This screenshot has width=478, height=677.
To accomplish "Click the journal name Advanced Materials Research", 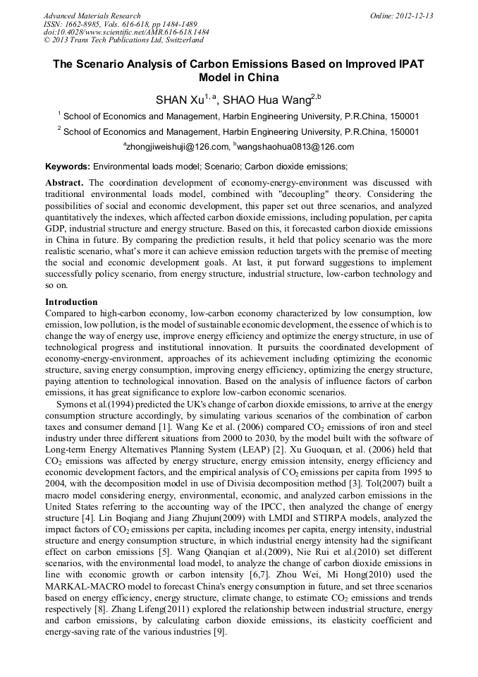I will pyautogui.click(x=92, y=16).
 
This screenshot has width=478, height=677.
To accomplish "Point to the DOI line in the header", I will pyautogui.click(x=126, y=32).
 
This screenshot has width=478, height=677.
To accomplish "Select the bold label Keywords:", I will pyautogui.click(x=68, y=167).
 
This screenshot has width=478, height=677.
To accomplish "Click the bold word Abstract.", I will pyautogui.click(x=64, y=183).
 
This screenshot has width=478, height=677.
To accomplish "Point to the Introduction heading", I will pyautogui.click(x=71, y=302).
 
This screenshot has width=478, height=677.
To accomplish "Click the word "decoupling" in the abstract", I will pyautogui.click(x=312, y=193).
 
